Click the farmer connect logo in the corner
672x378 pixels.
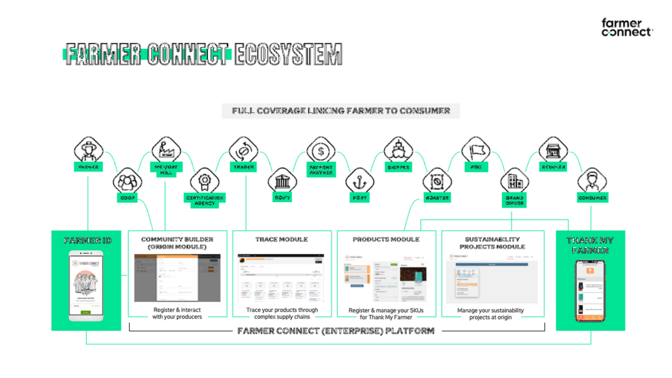[x=626, y=27]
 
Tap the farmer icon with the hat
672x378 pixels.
[x=89, y=151]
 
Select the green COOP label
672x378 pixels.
[x=128, y=198]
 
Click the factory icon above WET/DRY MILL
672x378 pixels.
[x=166, y=151]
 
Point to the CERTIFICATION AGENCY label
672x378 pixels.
[x=204, y=200]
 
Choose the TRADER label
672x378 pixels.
[x=244, y=167]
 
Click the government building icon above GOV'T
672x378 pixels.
[x=282, y=182]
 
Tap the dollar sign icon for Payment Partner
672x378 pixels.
[x=321, y=151]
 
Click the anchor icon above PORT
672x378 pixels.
[x=360, y=182]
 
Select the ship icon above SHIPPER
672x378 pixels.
[x=398, y=151]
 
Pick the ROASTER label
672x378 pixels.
[x=437, y=198]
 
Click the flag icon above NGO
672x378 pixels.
[x=476, y=151]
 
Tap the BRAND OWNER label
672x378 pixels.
[x=515, y=200]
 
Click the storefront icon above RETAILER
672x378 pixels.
[x=553, y=151]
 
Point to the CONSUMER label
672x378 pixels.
[x=592, y=198]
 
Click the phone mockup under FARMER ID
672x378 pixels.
[x=86, y=286]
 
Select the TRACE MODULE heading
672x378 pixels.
[x=282, y=239]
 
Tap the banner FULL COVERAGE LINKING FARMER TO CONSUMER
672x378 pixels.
[x=341, y=111]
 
